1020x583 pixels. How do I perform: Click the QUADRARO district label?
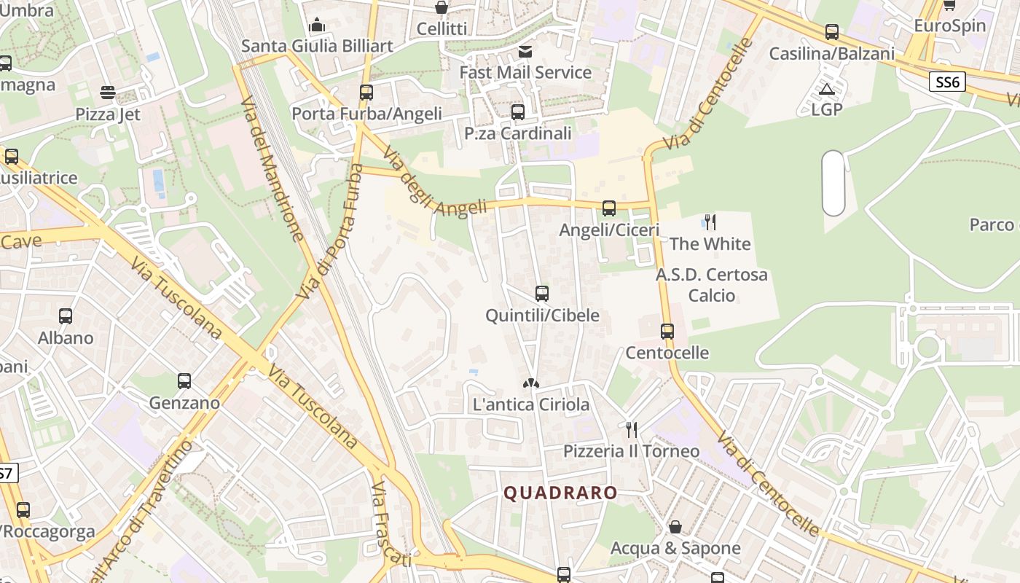[560, 493]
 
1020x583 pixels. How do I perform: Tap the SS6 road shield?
[947, 82]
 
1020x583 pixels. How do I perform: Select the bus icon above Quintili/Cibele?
[541, 294]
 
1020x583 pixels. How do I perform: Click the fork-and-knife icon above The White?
[710, 222]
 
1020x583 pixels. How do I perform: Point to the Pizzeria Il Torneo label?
[631, 451]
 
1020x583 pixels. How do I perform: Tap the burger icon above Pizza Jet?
[108, 93]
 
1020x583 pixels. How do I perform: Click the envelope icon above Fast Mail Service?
[525, 51]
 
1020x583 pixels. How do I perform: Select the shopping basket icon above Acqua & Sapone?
[675, 526]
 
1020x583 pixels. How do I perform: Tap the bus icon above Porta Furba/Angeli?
[366, 93]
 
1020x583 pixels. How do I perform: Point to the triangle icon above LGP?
[826, 90]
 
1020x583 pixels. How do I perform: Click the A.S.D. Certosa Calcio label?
[711, 285]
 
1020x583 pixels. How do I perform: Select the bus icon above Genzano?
[184, 381]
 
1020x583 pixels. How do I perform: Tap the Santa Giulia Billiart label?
[317, 46]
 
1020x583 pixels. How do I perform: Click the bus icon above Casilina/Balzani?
[832, 32]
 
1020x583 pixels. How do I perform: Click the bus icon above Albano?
[66, 316]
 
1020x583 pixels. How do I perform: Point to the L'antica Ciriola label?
[531, 404]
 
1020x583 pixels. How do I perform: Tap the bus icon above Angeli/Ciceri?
[609, 208]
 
